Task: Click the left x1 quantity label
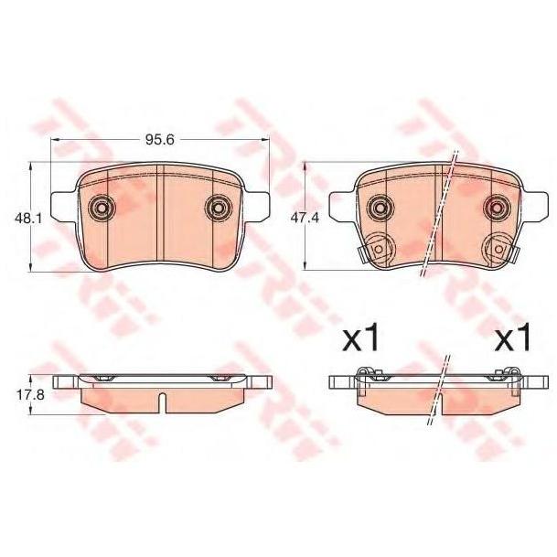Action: pyautogui.click(x=359, y=340)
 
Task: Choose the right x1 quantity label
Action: pyautogui.click(x=512, y=340)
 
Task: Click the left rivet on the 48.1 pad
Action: pyautogui.click(x=101, y=209)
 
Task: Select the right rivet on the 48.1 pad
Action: pyautogui.click(x=219, y=209)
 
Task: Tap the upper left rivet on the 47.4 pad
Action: pyautogui.click(x=376, y=208)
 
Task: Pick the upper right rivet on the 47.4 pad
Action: pyautogui.click(x=497, y=208)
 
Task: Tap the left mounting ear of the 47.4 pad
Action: pyautogui.click(x=337, y=205)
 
